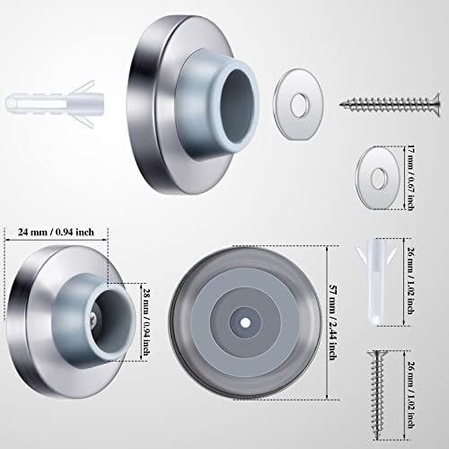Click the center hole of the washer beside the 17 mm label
click(x=377, y=165)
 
